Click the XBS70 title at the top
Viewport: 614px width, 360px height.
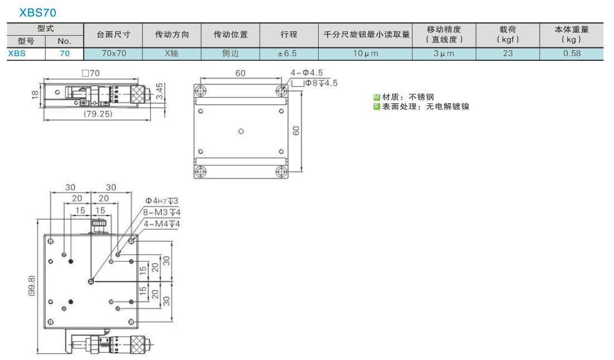[x=37, y=12]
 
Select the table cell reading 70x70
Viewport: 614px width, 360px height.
[x=113, y=53]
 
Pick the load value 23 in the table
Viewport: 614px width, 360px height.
[x=507, y=53]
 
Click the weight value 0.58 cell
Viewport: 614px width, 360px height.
[x=572, y=53]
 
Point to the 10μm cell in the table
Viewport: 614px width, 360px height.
[x=366, y=53]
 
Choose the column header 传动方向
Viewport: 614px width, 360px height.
[x=172, y=35]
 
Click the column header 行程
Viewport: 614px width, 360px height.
[x=289, y=35]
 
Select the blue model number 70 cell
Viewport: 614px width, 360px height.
[x=65, y=53]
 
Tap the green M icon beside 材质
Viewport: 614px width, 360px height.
[x=377, y=97]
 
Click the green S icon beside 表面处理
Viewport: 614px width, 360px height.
[x=377, y=107]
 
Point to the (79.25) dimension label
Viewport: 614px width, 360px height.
[x=98, y=114]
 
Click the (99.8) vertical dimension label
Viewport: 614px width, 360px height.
[x=32, y=286]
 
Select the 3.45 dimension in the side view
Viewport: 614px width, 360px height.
[x=160, y=92]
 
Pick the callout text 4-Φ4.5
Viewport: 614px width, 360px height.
[x=306, y=73]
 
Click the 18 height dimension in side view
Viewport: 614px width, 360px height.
[x=35, y=94]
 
